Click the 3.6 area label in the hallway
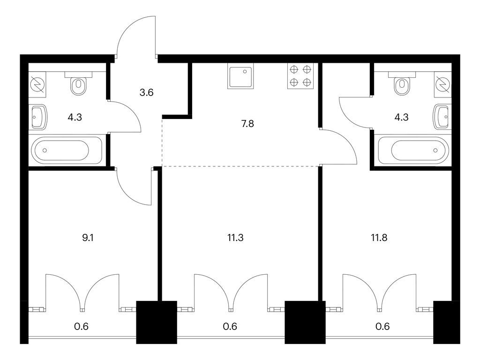tap(147, 92)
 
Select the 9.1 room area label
tap(88, 237)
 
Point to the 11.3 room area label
tap(236, 237)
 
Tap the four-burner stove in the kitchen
tap(300, 76)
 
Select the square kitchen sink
tap(240, 77)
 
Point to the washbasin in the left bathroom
tap(38, 117)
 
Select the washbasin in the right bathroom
tap(442, 117)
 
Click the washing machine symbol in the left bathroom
tap(37, 84)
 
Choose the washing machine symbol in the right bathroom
tap(442, 84)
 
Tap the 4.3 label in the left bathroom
tap(75, 118)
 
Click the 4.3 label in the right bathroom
tap(401, 118)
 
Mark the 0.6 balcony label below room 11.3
tap(230, 327)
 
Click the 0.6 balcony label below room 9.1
tap(82, 327)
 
